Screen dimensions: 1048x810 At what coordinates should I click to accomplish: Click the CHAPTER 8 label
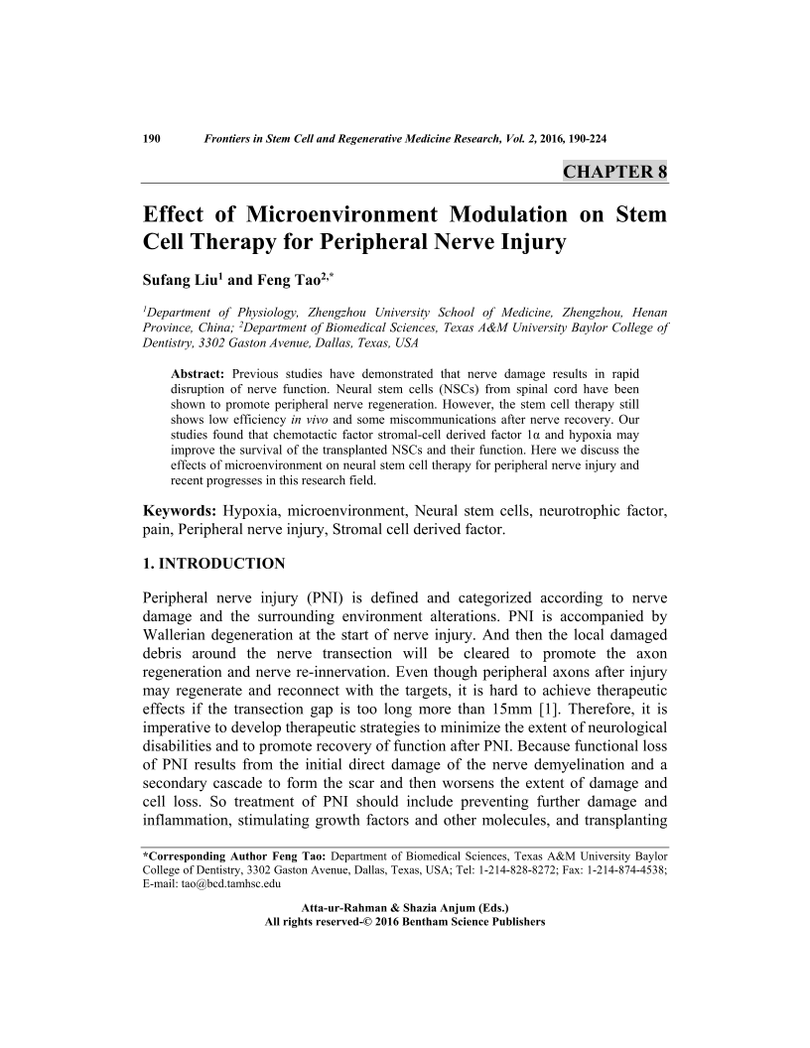click(614, 171)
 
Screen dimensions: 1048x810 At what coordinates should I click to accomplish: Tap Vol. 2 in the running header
click(513, 138)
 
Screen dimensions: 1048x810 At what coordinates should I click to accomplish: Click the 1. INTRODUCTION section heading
click(214, 564)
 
